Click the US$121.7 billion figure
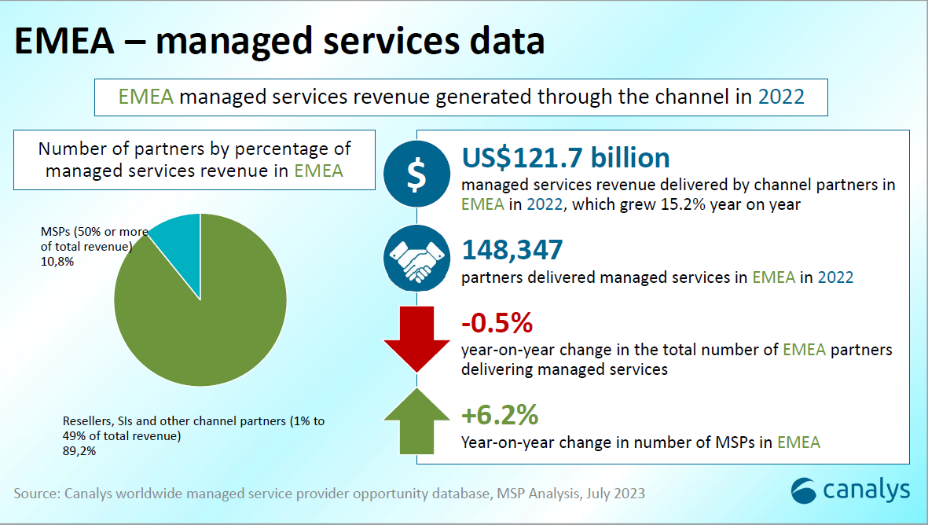[x=566, y=157]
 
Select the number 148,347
[x=512, y=250]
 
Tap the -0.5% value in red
[x=497, y=323]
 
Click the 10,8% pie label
[x=57, y=262]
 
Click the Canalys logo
[x=850, y=490]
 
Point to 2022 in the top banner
[x=781, y=97]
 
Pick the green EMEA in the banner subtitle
[x=145, y=97]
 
